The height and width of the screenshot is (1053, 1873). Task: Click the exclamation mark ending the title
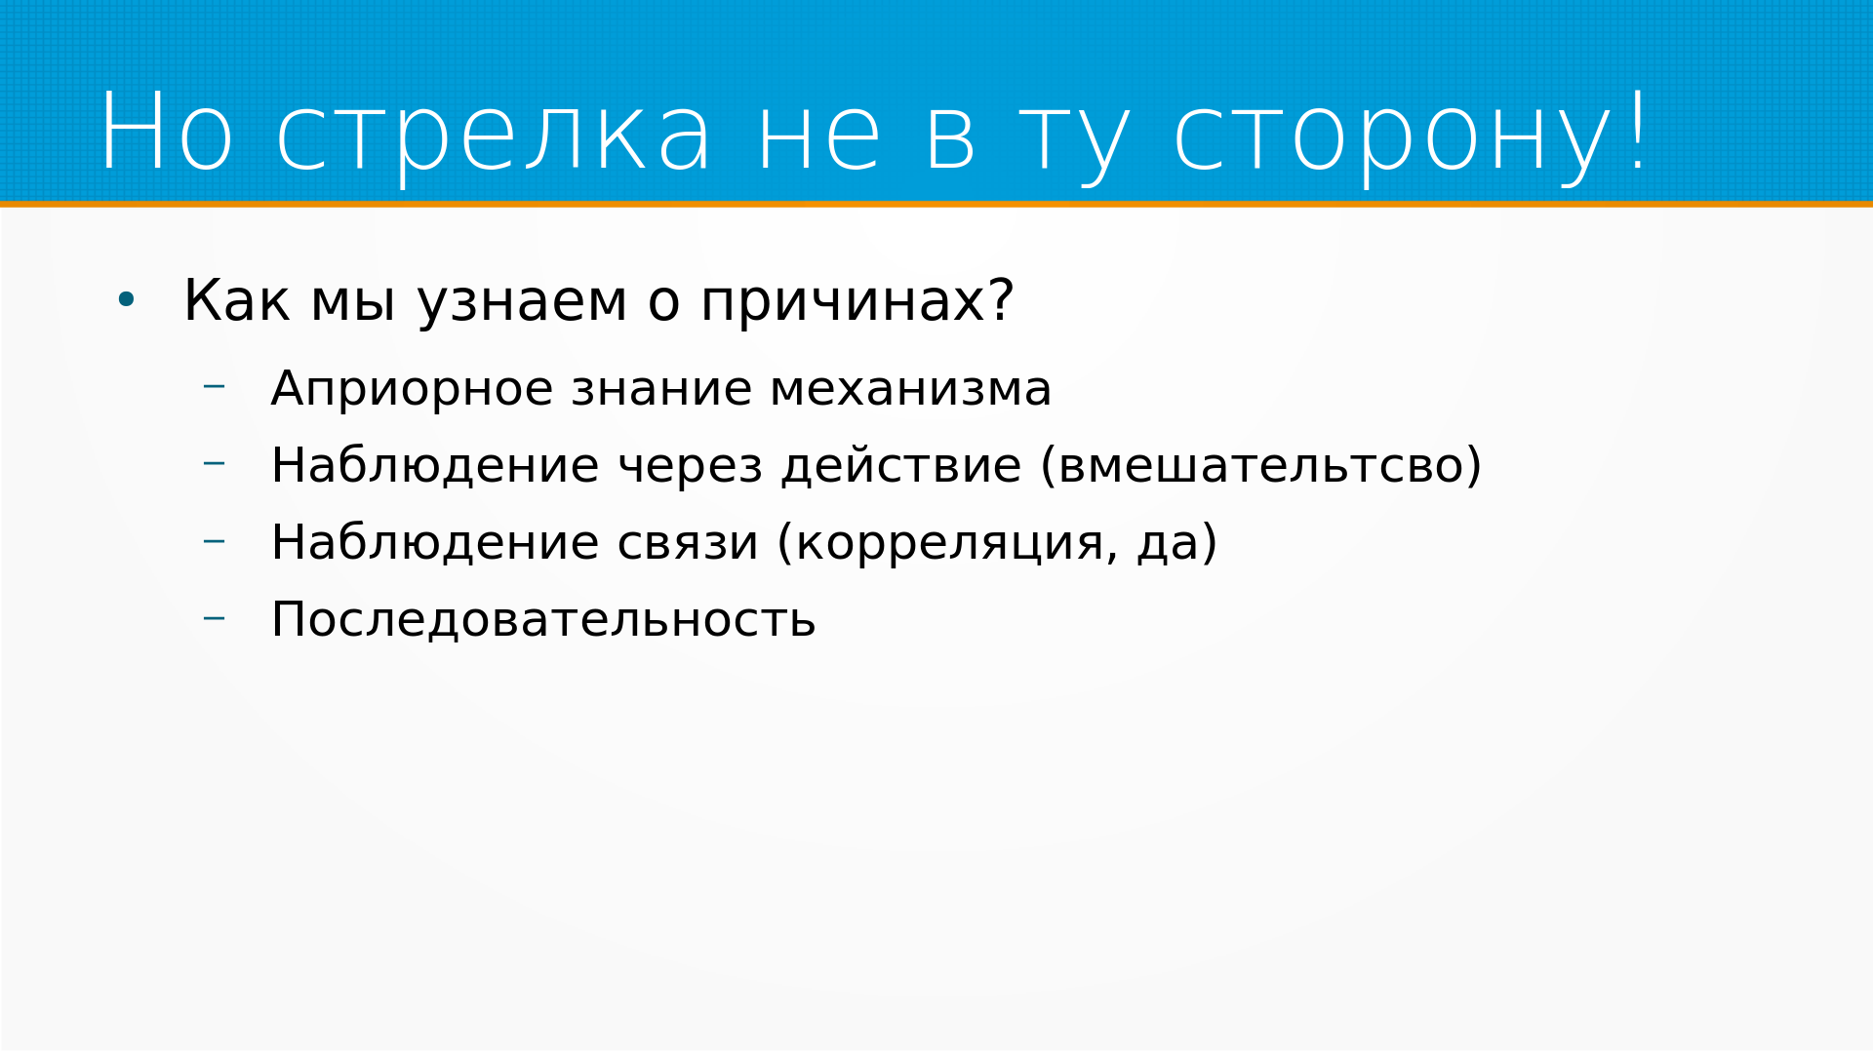coord(1638,129)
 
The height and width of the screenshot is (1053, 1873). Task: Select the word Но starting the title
coord(166,131)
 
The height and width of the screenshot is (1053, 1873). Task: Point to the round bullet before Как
coord(126,300)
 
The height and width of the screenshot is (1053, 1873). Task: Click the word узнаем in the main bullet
coord(522,303)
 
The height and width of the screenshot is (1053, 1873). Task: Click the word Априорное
coord(412,390)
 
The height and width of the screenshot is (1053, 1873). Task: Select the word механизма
coord(910,390)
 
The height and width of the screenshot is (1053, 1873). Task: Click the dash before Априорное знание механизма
coord(214,387)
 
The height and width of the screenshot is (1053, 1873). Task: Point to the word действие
coord(900,466)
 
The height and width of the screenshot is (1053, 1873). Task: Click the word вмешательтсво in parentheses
coord(1260,466)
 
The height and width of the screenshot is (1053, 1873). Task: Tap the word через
coord(690,468)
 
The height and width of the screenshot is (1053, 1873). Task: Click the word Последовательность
coord(542,620)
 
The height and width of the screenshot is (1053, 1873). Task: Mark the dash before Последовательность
coord(214,617)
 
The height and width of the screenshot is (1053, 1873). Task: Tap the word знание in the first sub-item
coord(661,390)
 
